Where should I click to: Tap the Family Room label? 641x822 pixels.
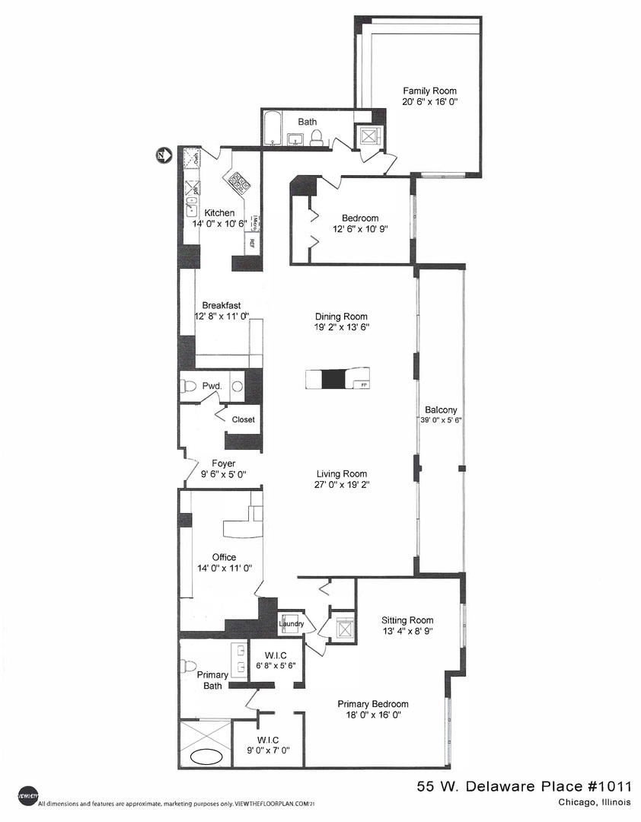430,91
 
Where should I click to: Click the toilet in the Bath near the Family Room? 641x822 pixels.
317,137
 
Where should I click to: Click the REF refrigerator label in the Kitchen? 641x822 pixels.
249,245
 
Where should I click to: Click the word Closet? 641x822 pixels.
244,419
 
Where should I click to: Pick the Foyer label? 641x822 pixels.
223,463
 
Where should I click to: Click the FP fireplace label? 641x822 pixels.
364,384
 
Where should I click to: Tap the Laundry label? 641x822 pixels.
291,624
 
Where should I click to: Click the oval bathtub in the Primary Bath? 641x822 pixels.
205,757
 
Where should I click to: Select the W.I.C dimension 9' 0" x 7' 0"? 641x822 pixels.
267,750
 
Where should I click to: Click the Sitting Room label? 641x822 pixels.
407,620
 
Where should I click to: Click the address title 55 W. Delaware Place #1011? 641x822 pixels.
525,786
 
